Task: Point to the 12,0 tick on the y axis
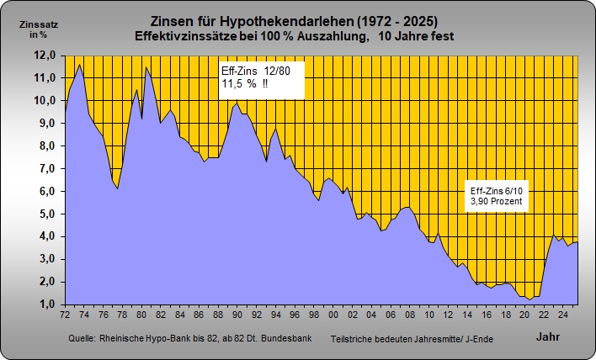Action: (46, 55)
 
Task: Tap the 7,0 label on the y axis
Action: (46, 168)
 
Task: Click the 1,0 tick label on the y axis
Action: (46, 304)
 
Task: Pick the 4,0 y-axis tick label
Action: (46, 236)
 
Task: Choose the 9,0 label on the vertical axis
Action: (46, 123)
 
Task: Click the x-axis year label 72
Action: (65, 315)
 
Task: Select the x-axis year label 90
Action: (237, 315)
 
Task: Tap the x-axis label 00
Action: (333, 315)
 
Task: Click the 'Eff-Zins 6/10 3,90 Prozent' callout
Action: (497, 197)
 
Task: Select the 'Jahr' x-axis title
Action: (547, 336)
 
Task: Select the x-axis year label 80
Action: (141, 315)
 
